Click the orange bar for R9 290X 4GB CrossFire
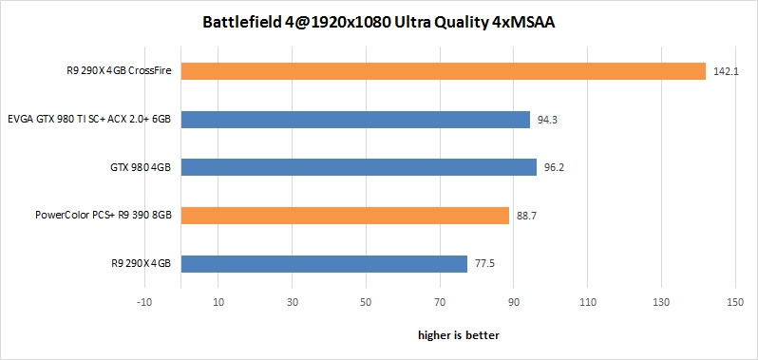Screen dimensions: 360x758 pyautogui.click(x=443, y=71)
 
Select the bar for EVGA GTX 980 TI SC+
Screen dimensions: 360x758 pyautogui.click(x=355, y=120)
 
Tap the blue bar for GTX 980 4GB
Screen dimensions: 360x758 pyautogui.click(x=359, y=167)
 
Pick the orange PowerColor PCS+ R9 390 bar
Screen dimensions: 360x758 pyautogui.click(x=345, y=216)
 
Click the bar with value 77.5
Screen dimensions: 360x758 pyautogui.click(x=324, y=263)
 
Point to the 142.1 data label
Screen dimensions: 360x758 pyautogui.click(x=725, y=71)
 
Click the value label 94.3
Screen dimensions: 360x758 pyautogui.click(x=547, y=120)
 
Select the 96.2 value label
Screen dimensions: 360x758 pyautogui.click(x=554, y=168)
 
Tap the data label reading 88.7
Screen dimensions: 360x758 pyautogui.click(x=526, y=217)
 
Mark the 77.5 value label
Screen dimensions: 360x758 pyautogui.click(x=484, y=264)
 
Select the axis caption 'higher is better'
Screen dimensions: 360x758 pyautogui.click(x=459, y=335)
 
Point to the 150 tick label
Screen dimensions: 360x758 pyautogui.click(x=732, y=303)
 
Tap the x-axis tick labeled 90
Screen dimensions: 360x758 pyautogui.click(x=512, y=303)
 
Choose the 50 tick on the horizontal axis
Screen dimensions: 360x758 pyautogui.click(x=365, y=303)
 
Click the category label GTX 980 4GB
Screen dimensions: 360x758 pyautogui.click(x=139, y=167)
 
